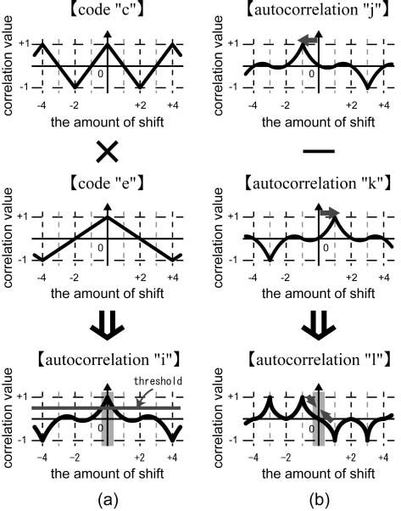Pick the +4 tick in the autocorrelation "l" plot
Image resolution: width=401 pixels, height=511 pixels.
pyautogui.click(x=385, y=457)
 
